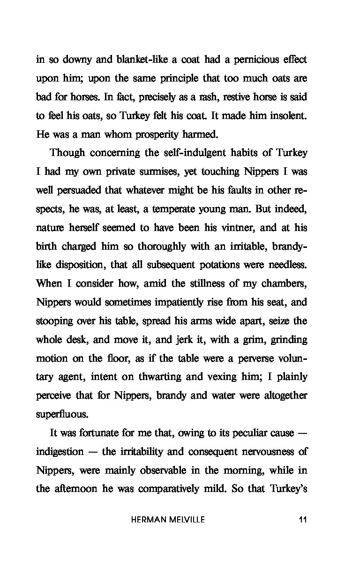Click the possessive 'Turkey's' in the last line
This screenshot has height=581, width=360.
point(288,489)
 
